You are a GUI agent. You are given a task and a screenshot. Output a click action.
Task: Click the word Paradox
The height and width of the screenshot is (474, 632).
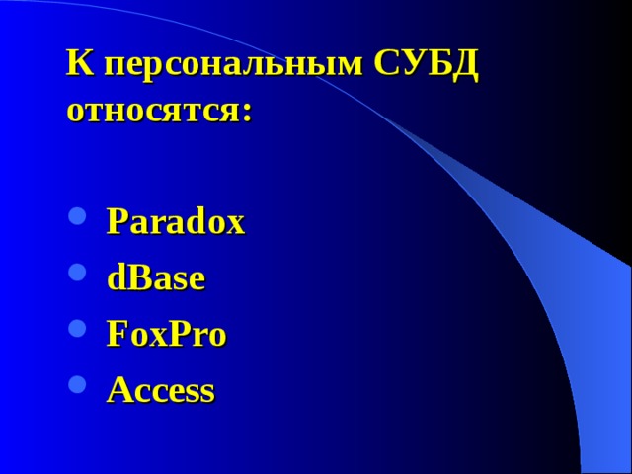[175, 222]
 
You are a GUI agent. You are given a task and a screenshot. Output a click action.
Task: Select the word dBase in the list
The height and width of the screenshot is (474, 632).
[156, 278]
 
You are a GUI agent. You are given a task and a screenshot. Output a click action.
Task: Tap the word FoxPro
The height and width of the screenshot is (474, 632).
[166, 335]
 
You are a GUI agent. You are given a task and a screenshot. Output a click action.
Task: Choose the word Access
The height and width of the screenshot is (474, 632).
[160, 391]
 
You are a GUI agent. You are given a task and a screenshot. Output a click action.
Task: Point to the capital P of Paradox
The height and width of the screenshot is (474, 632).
[116, 221]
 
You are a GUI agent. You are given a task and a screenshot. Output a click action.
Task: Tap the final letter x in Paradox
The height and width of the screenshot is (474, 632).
[236, 226]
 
